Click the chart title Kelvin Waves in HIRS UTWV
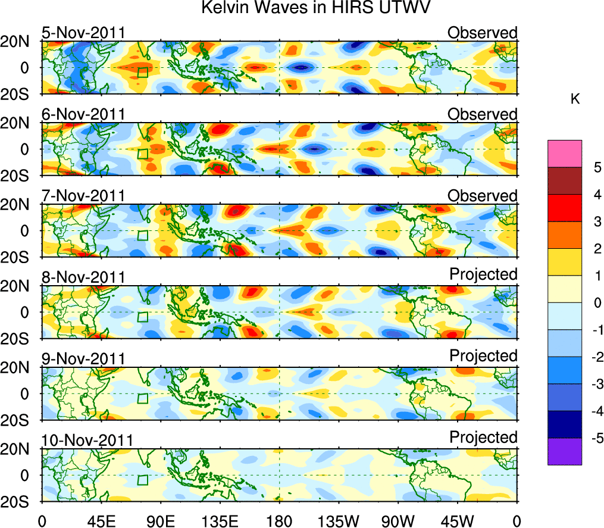(315, 8)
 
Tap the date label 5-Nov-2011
(83, 33)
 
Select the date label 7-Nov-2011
(83, 196)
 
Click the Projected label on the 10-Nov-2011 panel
(483, 437)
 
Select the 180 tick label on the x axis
(279, 520)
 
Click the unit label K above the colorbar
(575, 99)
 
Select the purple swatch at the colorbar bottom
(564, 452)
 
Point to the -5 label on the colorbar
(594, 439)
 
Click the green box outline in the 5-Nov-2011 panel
(142, 72)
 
